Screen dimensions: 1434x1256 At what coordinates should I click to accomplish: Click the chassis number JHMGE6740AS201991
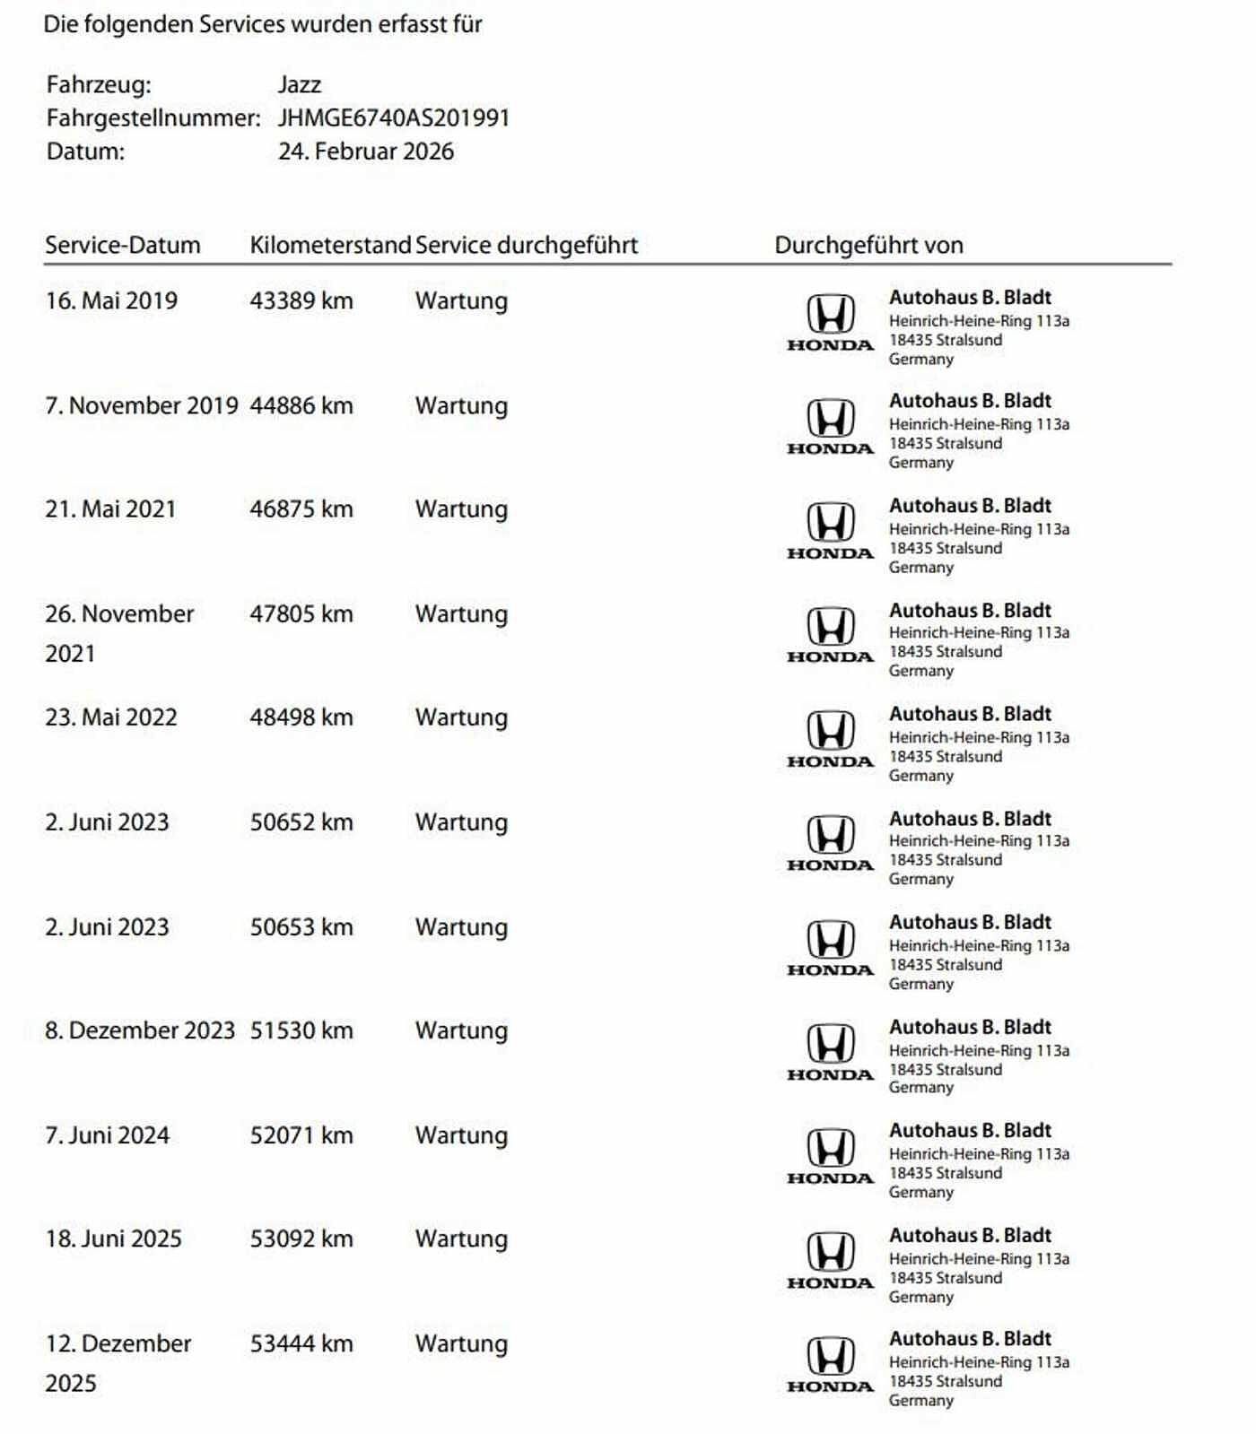(393, 118)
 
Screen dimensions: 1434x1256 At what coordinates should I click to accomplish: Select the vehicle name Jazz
(299, 85)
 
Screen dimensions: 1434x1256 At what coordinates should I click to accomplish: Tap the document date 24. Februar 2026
(365, 152)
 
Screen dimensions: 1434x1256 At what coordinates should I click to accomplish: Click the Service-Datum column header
(123, 246)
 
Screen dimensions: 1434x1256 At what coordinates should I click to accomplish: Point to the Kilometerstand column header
(329, 246)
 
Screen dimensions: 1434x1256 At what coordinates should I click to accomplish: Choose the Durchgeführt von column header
(868, 246)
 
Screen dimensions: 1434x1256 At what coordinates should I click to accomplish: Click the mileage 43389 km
(301, 301)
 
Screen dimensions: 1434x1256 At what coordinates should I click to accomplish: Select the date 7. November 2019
(142, 406)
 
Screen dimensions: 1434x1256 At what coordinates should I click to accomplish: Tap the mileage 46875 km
(301, 509)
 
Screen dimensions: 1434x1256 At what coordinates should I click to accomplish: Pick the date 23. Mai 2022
(111, 717)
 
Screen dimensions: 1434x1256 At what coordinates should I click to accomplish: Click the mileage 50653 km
(301, 927)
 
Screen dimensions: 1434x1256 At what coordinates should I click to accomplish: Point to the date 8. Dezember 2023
(140, 1031)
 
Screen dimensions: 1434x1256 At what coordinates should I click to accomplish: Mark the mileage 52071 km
(301, 1135)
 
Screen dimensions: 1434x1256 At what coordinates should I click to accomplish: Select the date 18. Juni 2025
(114, 1239)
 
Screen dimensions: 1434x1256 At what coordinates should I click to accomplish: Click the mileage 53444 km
(301, 1344)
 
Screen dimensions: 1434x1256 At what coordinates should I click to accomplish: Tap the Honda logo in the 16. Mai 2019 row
(830, 323)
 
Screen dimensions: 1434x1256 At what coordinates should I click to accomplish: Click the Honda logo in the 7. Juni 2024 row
(830, 1156)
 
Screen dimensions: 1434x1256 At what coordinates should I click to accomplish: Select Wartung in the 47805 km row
(461, 614)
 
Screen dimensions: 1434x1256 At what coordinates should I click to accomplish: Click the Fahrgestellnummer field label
(153, 118)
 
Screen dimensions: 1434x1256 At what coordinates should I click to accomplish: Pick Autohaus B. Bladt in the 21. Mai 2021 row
(970, 506)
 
